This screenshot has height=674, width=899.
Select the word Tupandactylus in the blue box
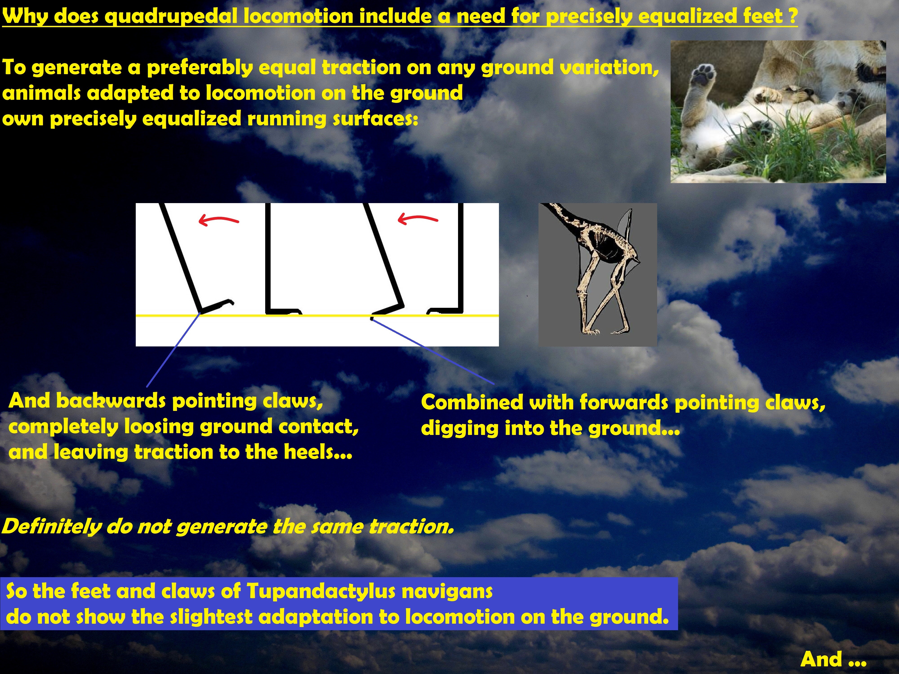321,592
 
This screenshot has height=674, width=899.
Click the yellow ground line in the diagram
317,315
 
